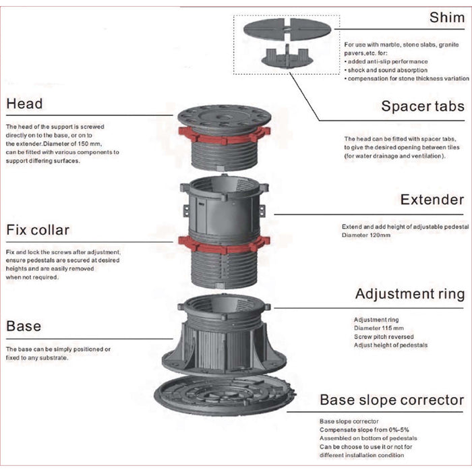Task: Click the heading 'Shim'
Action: coord(446,18)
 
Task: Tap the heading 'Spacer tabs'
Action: coord(422,106)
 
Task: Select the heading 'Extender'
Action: coord(432,200)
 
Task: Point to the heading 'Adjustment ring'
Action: coord(409,294)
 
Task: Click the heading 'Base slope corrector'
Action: coord(392,400)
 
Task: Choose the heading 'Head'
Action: coord(24,104)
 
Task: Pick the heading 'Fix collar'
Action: coord(38,230)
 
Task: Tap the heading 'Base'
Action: coord(24,326)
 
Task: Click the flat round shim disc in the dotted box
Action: coord(287,29)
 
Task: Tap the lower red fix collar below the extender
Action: coord(224,244)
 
